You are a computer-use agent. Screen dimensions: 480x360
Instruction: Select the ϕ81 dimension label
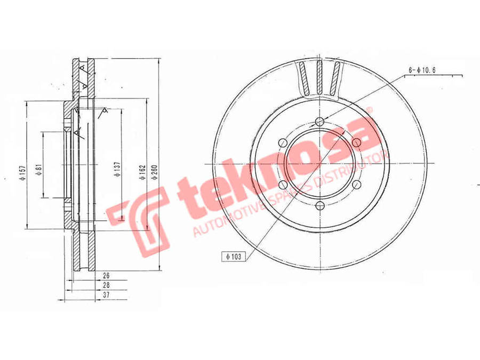(x=38, y=170)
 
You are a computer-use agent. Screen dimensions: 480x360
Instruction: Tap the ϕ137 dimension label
(x=117, y=169)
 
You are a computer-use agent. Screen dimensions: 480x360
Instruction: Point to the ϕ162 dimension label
(x=143, y=173)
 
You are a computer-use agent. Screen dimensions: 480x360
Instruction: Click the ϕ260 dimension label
(x=154, y=172)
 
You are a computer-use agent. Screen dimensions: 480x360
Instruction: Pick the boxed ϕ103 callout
(x=234, y=257)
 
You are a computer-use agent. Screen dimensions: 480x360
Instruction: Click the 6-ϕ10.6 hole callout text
(x=422, y=70)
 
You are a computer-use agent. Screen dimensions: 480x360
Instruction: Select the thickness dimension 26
(x=106, y=276)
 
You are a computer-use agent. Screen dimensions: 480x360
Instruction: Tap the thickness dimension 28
(x=106, y=285)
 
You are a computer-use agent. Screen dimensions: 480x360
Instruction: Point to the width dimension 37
(x=106, y=295)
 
